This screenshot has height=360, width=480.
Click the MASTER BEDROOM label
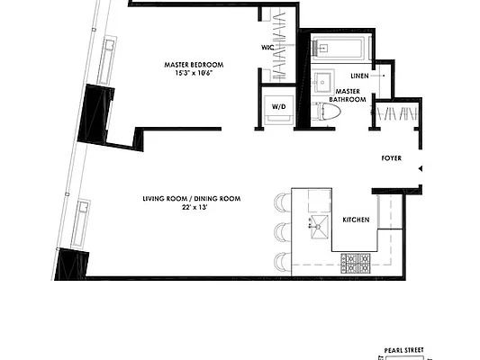(194, 65)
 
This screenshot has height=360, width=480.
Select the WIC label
(267, 47)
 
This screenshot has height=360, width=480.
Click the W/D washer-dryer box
(278, 108)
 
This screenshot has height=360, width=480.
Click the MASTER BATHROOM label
(349, 95)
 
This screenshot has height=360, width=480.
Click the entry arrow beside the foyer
(420, 167)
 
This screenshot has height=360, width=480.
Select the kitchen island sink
(317, 225)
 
